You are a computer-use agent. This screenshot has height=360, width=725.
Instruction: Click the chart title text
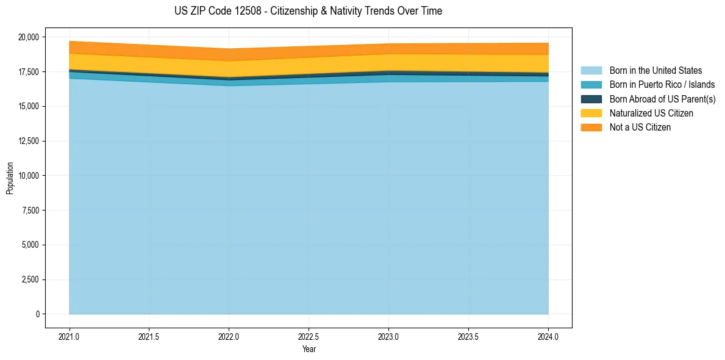point(308,11)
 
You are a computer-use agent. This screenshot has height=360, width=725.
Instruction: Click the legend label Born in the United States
point(655,71)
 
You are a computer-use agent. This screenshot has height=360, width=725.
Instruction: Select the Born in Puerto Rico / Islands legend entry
point(662,85)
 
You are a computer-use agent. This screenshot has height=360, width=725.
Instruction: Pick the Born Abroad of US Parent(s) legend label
point(662,99)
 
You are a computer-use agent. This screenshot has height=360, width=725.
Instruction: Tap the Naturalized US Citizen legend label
point(651,113)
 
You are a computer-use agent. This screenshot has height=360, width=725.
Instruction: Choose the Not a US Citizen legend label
point(640,128)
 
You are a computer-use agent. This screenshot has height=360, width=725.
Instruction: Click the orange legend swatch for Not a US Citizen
point(591,128)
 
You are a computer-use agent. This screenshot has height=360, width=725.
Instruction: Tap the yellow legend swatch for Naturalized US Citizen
point(591,113)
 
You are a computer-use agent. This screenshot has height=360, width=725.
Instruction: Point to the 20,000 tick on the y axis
point(28,37)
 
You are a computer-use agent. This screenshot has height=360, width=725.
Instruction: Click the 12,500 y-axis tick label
point(28,142)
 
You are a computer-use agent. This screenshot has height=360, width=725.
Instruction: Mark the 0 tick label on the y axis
point(38,314)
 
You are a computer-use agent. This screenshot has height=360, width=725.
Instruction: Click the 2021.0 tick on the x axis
point(70,336)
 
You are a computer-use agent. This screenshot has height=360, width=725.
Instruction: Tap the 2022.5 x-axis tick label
point(309,336)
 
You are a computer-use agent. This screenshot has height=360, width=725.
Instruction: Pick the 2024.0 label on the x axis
point(548,336)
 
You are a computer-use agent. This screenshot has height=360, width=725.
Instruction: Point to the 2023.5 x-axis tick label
point(468,336)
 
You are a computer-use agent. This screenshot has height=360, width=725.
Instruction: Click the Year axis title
point(309,350)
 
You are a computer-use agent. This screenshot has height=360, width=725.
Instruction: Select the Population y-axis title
point(10,178)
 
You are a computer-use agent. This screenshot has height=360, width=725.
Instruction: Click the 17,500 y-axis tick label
point(28,72)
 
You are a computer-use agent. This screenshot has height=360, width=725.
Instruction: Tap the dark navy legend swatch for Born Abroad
point(591,99)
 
